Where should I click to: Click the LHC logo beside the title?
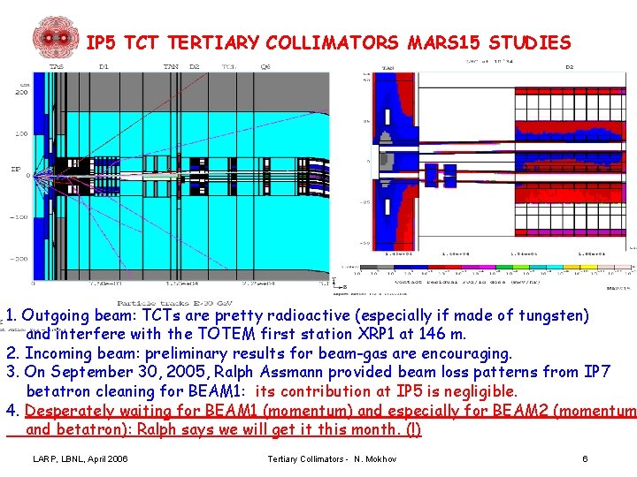(56, 37)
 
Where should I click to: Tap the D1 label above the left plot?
(104, 66)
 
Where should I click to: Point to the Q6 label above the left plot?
(265, 66)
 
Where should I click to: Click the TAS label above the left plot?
(57, 66)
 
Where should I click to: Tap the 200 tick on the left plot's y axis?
(20, 92)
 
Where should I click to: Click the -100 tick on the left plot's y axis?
(19, 216)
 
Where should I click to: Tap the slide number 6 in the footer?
(585, 458)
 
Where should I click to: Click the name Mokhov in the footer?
(380, 458)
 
